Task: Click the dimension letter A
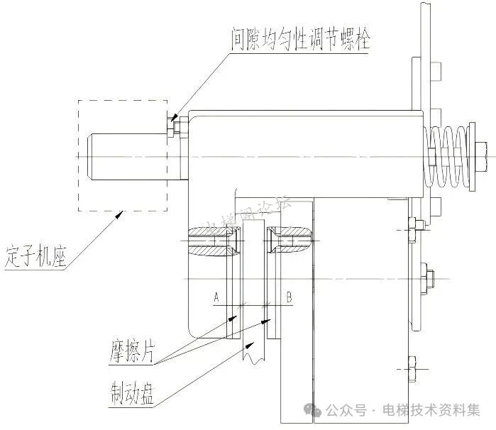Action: click(x=216, y=298)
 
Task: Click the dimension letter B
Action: click(x=289, y=298)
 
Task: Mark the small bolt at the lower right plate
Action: click(x=412, y=368)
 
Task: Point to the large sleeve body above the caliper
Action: click(x=298, y=153)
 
